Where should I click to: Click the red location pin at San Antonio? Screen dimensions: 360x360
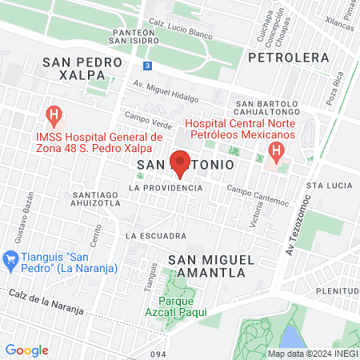tap(180, 160)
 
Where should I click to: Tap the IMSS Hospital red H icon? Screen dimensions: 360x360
tap(54, 115)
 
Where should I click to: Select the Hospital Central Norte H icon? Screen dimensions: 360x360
tap(276, 150)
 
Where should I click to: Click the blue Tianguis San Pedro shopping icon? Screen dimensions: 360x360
tap(10, 258)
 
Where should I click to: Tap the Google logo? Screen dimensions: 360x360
tap(27, 350)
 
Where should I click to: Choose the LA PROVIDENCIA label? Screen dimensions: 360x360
tap(166, 187)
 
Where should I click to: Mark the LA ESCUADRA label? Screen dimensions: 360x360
tap(155, 236)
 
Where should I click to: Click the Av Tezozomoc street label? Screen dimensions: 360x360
tap(297, 225)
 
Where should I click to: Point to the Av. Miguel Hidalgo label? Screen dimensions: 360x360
tap(165, 90)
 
